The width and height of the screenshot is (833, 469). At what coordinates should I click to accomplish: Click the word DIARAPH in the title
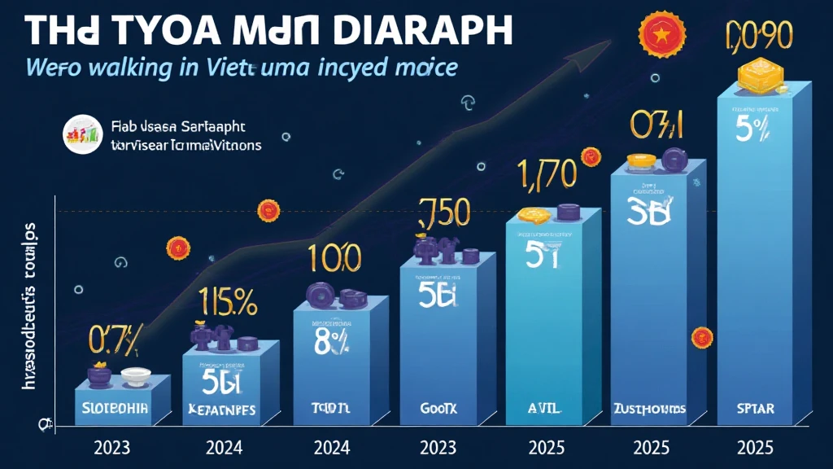point(431,29)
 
